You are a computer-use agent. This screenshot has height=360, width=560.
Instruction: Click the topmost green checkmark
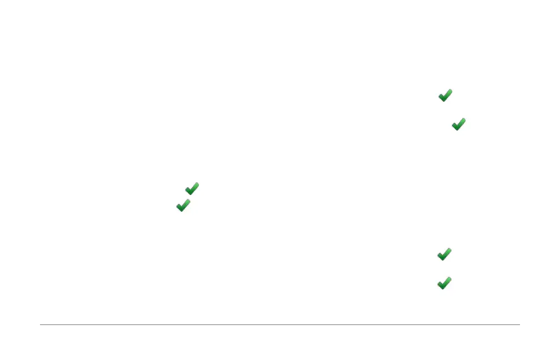click(x=445, y=96)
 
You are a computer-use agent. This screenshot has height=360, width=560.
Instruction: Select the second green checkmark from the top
click(x=458, y=124)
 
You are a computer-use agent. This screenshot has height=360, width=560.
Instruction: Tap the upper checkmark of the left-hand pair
click(x=192, y=189)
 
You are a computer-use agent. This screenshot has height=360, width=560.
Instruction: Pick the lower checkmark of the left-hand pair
click(x=183, y=206)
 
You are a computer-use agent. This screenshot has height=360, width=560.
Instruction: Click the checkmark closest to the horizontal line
click(x=444, y=283)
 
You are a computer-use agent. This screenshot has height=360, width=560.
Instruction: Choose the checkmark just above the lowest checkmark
click(x=444, y=254)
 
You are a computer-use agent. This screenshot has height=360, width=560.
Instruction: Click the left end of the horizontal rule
click(x=41, y=324)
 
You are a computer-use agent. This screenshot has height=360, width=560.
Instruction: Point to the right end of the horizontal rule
click(x=519, y=324)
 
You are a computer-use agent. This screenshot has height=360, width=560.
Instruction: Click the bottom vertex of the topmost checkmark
click(x=443, y=100)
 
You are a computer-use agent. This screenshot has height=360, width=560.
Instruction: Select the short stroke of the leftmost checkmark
click(x=179, y=207)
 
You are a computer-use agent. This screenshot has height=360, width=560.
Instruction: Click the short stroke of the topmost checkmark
click(x=441, y=97)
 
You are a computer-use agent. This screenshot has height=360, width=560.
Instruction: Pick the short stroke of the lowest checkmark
click(x=440, y=284)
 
